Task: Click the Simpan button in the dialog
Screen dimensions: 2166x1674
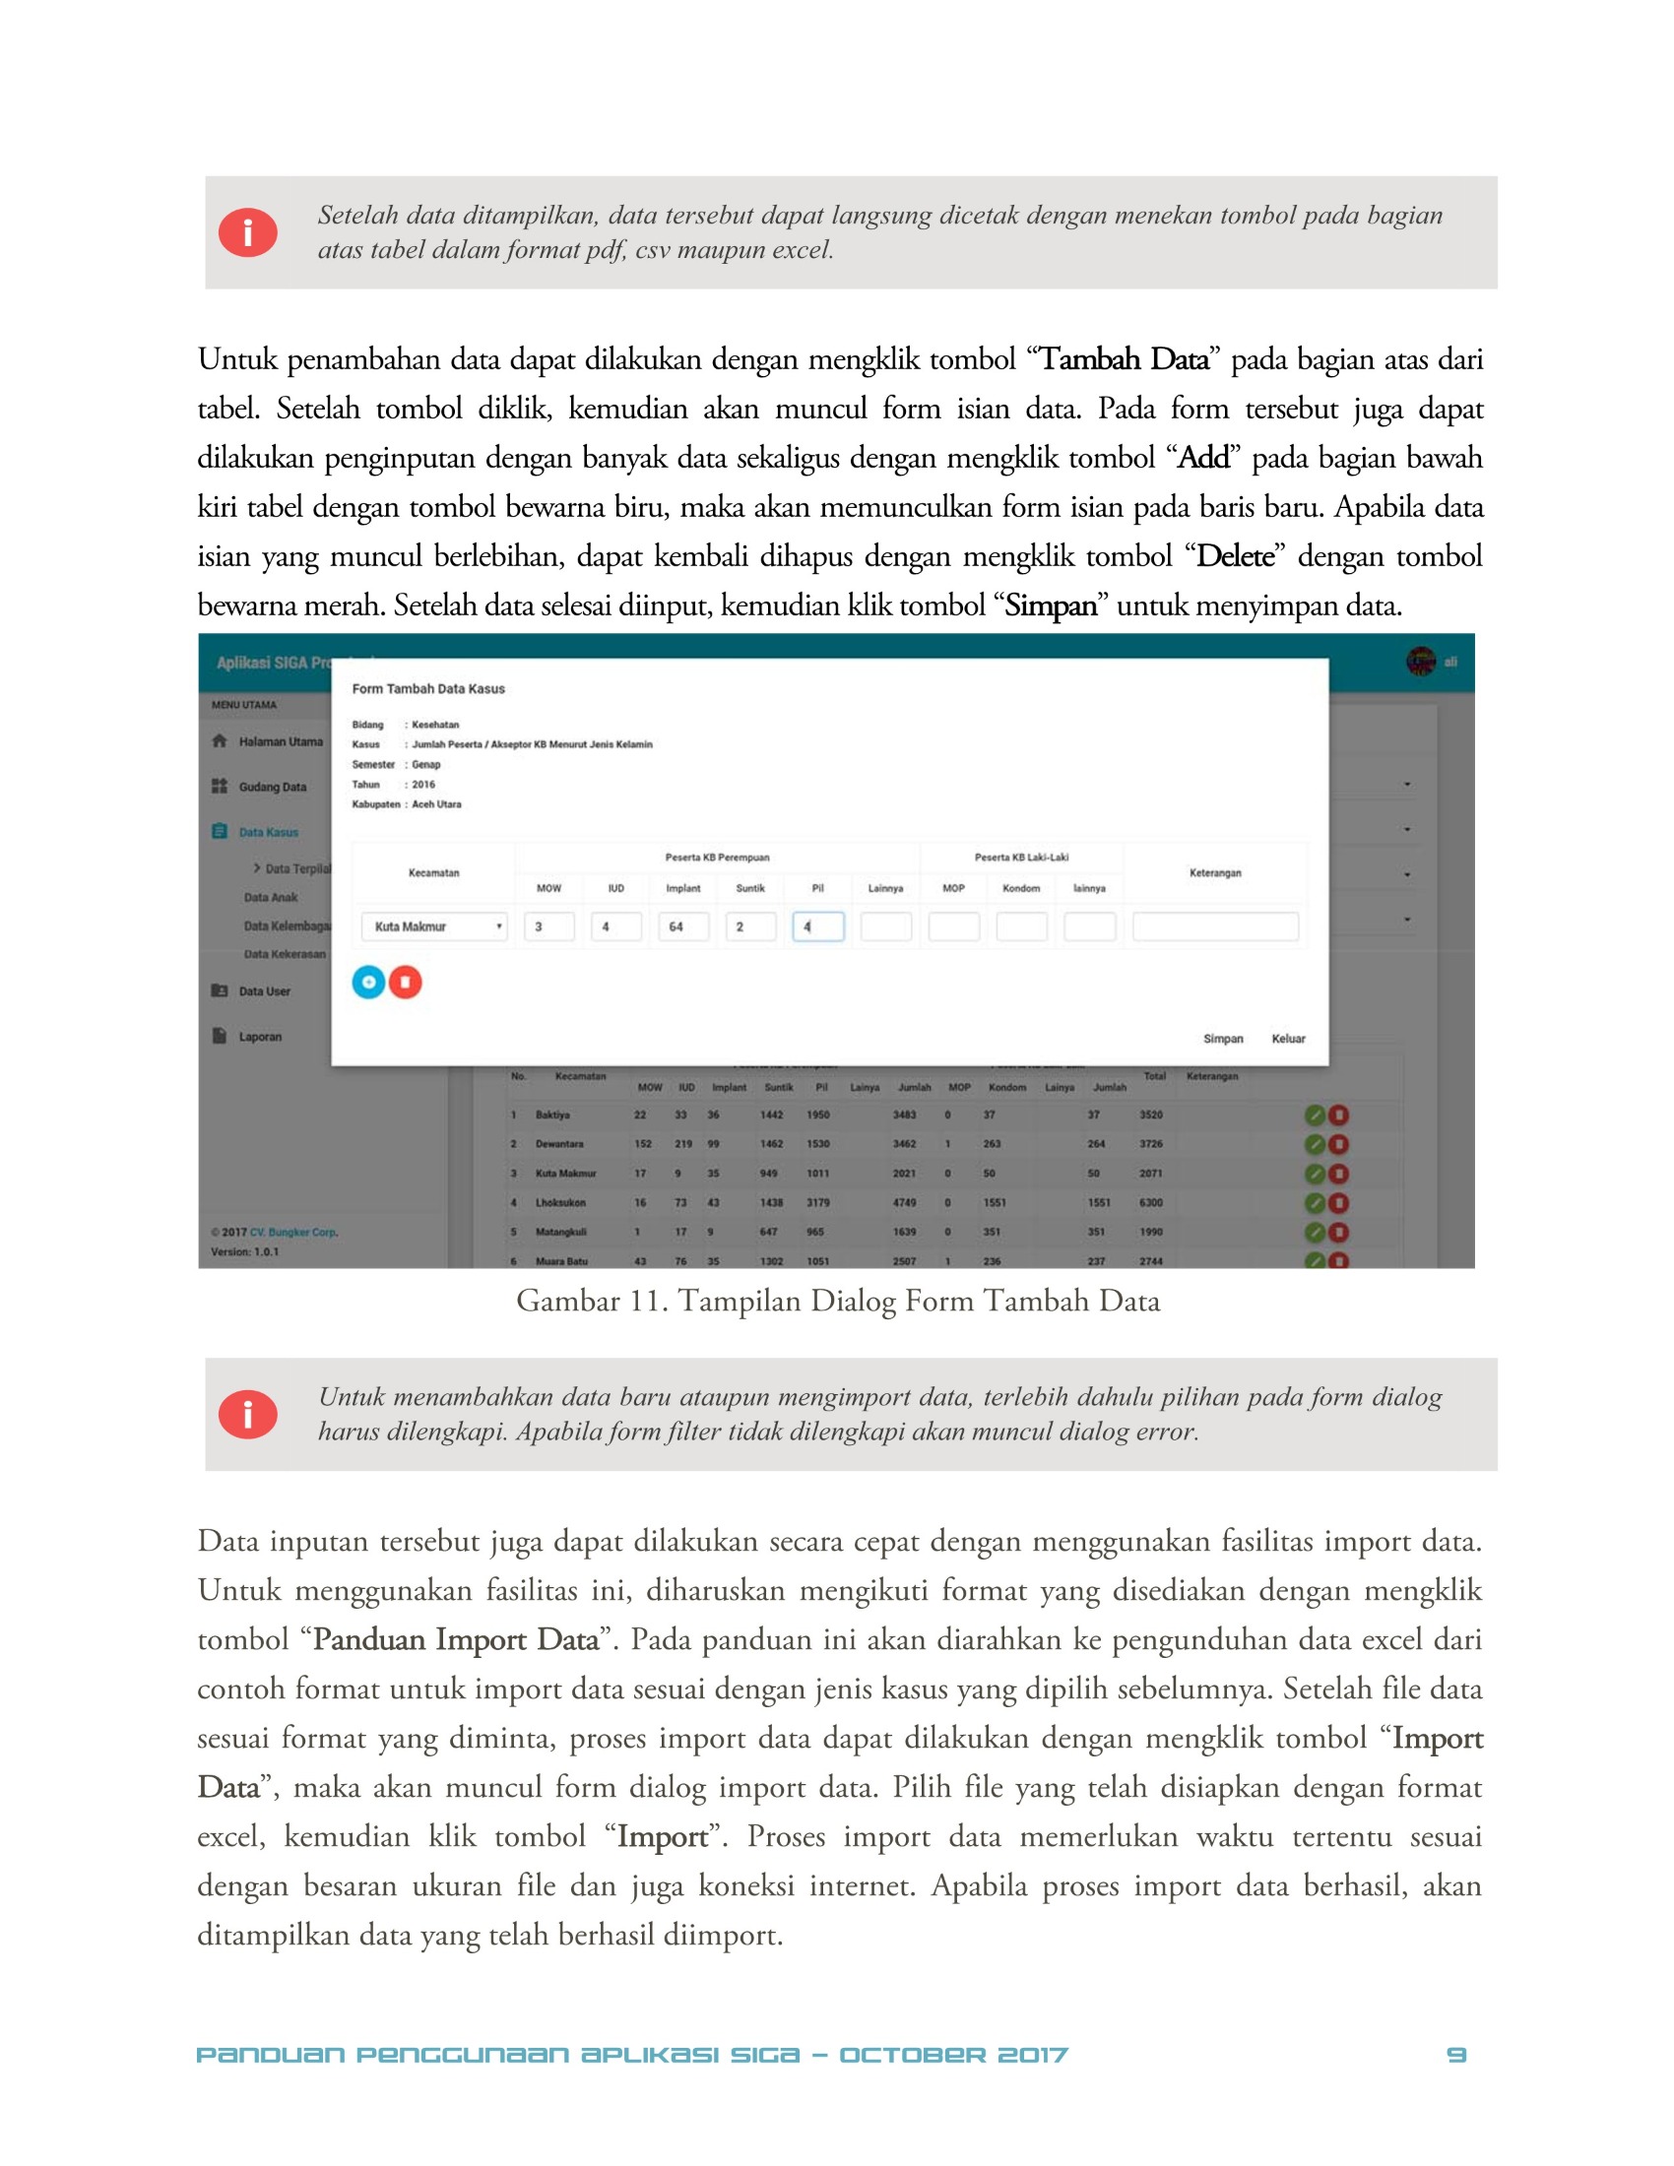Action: pos(1222,1039)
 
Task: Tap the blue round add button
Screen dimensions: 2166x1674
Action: pos(368,982)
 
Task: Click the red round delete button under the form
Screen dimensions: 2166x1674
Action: pos(405,982)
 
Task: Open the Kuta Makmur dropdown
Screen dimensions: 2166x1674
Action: pos(434,926)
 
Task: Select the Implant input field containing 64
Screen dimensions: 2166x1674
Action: pos(683,926)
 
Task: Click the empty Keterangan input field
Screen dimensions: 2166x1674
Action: pos(1215,926)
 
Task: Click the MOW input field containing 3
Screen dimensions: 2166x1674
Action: pos(548,926)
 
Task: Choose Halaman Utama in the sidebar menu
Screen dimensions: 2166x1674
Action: pos(280,741)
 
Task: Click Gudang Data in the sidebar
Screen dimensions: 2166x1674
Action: pos(272,787)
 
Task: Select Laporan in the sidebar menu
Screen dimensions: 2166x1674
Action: pos(260,1037)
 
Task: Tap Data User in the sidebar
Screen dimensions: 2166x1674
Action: pos(264,990)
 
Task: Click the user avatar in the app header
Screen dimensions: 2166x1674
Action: pos(1420,662)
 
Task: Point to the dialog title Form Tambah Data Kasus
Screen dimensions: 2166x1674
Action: pos(428,688)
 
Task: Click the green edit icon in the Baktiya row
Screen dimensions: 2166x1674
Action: pos(1315,1115)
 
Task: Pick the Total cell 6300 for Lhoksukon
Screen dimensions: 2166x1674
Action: pos(1150,1202)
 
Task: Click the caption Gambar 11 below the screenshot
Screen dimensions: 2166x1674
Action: pos(838,1301)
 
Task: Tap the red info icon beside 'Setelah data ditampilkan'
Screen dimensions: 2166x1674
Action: pos(247,233)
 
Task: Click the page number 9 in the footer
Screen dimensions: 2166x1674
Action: pos(1455,2054)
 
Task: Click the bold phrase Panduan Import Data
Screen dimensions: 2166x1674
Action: pos(456,1639)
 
